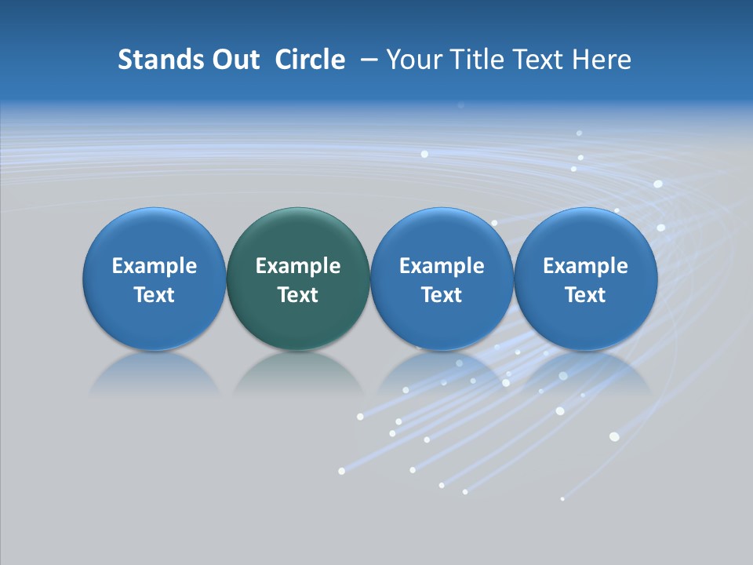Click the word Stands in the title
149,60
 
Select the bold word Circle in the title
310,60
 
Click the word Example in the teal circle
298,267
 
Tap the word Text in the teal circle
298,295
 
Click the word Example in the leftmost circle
155,267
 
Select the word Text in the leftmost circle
155,295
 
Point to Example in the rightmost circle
585,267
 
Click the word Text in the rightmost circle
585,295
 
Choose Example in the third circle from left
442,267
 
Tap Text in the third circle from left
442,295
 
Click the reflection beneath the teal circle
298,373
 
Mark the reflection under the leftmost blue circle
155,373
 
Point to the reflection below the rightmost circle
585,373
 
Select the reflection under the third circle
442,373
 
